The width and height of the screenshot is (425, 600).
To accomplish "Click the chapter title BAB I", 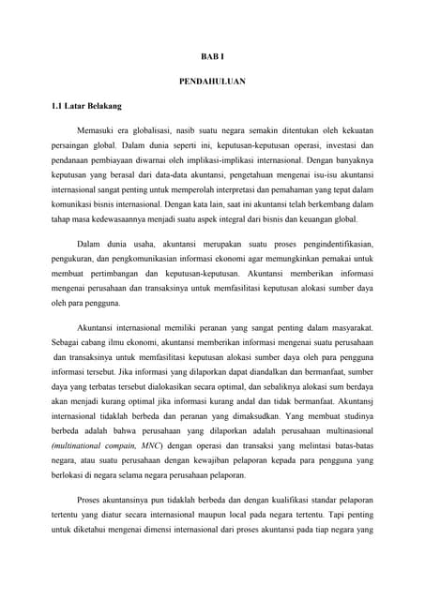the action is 212,57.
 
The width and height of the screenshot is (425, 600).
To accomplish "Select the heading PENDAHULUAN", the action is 212,82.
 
